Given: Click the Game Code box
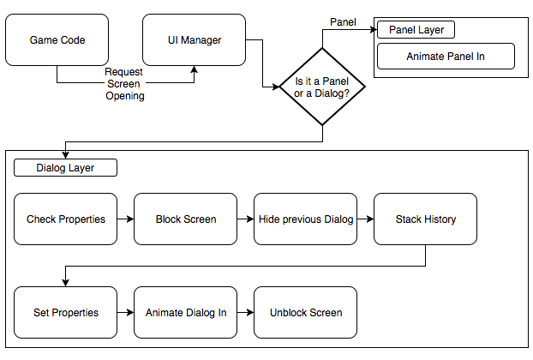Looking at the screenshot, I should [x=57, y=40].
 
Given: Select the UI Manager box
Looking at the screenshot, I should [x=194, y=40].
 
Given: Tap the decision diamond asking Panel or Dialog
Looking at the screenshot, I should [x=322, y=87].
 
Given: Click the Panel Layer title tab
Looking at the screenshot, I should [x=416, y=30].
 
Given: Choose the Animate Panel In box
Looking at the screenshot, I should [x=446, y=57].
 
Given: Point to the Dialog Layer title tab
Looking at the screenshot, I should [x=65, y=168].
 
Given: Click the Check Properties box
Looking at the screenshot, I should [x=66, y=219].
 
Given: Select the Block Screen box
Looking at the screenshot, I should [x=186, y=219].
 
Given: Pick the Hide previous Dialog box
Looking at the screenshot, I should [x=306, y=219].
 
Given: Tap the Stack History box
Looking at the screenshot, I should [x=426, y=219].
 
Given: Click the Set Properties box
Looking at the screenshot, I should [x=66, y=313].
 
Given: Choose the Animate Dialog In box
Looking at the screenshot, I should [x=186, y=313].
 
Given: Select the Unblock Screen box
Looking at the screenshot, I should [x=306, y=313].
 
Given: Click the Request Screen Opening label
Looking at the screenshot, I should [x=125, y=84].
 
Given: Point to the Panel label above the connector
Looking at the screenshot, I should [x=343, y=20].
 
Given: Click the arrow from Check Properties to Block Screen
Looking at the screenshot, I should [x=126, y=219].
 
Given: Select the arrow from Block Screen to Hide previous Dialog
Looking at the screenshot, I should [x=246, y=219].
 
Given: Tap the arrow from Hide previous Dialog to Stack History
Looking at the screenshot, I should [x=366, y=219].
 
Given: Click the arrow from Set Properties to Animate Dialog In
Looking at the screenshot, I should [x=126, y=313].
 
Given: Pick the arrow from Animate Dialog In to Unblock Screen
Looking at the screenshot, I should [x=246, y=313].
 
